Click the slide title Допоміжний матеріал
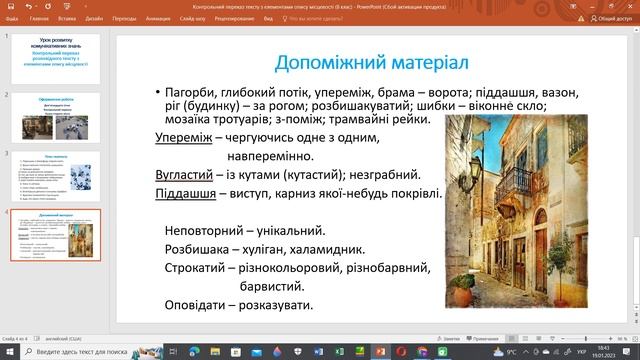point(371,62)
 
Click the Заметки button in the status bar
point(451,339)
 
